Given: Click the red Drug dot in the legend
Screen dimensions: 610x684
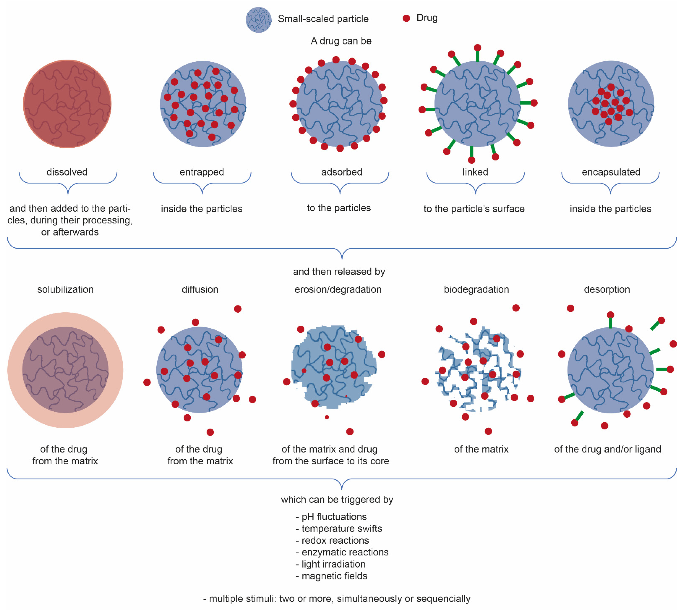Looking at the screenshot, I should [406, 18].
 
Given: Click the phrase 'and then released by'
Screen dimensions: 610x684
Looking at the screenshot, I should [339, 271].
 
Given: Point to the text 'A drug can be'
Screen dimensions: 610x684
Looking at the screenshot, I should [341, 41].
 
